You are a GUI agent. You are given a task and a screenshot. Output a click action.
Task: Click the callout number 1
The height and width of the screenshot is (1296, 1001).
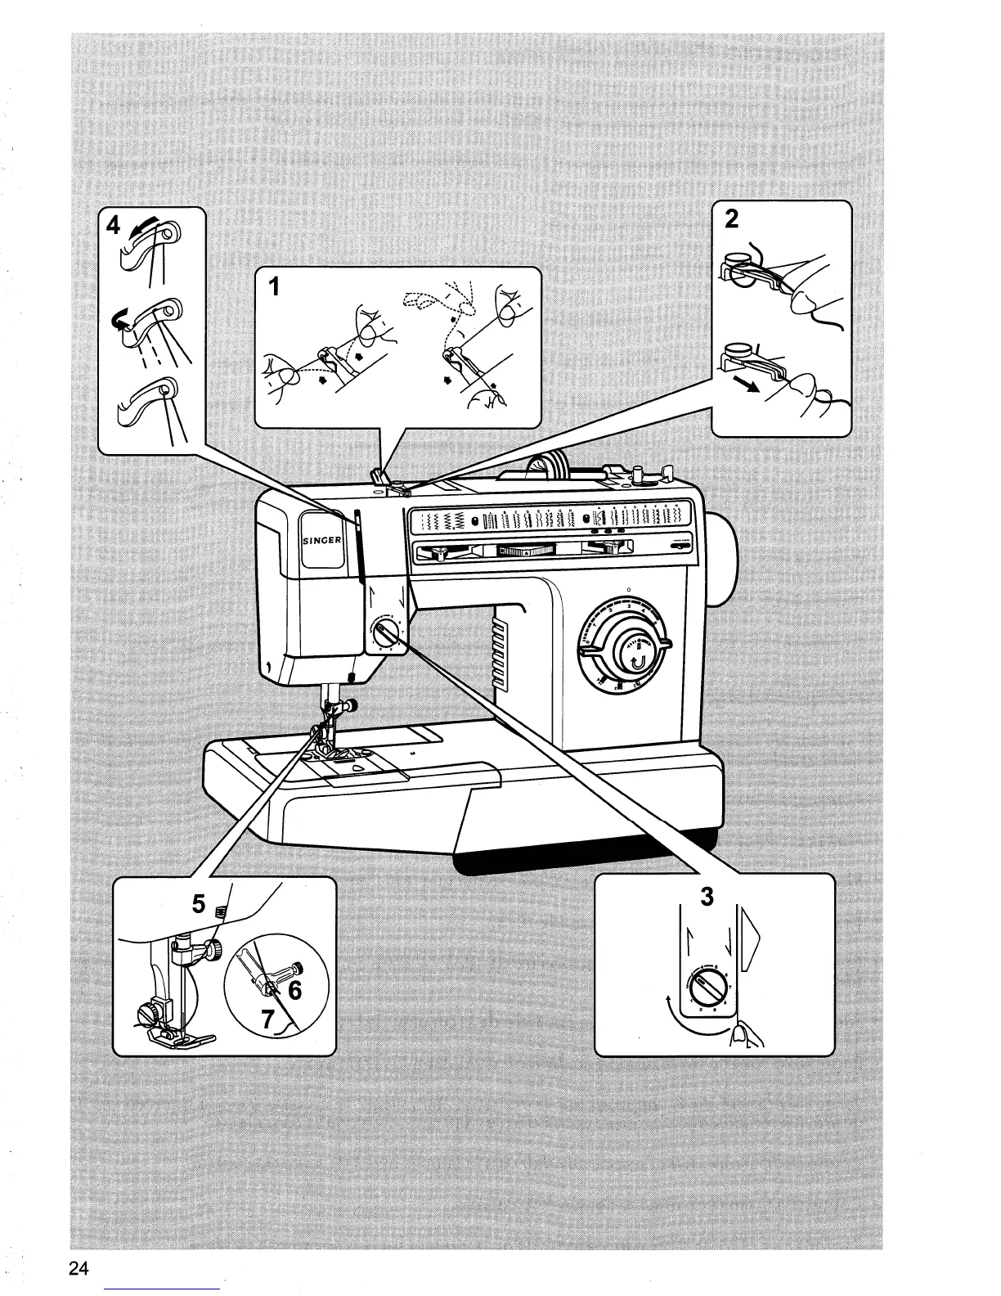pos(276,287)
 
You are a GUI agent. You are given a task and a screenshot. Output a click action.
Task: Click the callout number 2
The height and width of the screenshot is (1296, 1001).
pos(731,219)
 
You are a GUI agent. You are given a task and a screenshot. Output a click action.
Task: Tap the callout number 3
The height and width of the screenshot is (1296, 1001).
pos(707,897)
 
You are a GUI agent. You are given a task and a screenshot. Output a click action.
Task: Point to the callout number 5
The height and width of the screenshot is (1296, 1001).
pos(199,904)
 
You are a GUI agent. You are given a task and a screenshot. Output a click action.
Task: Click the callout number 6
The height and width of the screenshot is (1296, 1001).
pos(295,990)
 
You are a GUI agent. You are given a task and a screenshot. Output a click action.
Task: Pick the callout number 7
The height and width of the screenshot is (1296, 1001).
pos(266,1019)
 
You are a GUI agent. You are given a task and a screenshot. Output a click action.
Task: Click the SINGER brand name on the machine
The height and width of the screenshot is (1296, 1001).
pos(321,541)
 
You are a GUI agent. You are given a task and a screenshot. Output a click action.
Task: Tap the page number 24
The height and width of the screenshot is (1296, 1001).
pos(79,1268)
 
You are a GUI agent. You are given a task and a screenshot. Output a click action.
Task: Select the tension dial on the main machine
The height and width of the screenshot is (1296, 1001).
pos(386,635)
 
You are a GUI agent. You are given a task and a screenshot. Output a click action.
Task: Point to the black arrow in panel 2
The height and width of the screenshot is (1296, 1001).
pos(738,385)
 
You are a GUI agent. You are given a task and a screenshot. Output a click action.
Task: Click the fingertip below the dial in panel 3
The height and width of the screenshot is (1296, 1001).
pos(741,1037)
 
